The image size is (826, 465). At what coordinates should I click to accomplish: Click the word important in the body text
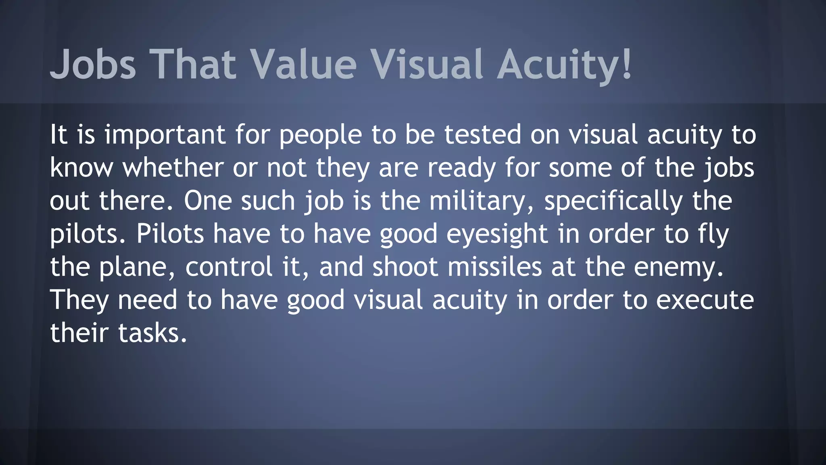tap(165, 135)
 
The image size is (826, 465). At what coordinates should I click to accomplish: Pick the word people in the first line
tap(320, 135)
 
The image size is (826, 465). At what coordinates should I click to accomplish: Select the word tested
tap(483, 135)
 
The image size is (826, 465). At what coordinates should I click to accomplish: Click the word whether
tap(173, 168)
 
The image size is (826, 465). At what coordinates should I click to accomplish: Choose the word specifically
tap(613, 201)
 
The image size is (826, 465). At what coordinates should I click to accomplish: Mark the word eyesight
tap(497, 234)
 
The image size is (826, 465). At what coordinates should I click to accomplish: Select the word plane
tap(137, 267)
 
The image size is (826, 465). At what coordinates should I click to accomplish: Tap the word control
tap(229, 267)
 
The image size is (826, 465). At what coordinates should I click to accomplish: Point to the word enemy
tap(678, 267)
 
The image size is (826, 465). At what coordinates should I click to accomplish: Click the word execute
tap(705, 300)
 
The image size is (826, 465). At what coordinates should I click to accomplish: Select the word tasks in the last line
tap(152, 333)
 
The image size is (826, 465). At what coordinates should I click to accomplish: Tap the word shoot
tap(405, 267)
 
